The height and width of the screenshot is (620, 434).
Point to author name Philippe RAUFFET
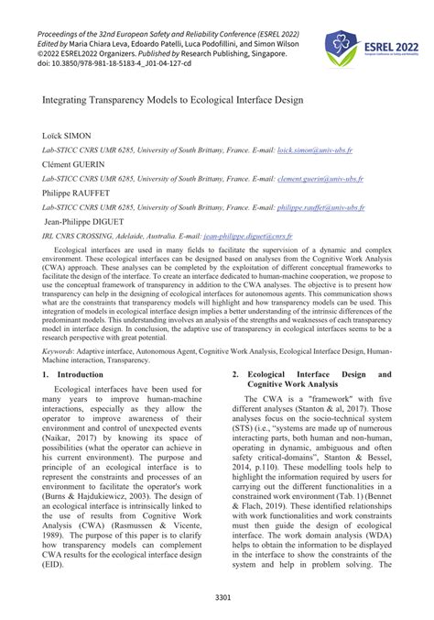83,194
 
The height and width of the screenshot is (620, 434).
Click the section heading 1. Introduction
74,375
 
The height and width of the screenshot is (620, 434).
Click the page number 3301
216,598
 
